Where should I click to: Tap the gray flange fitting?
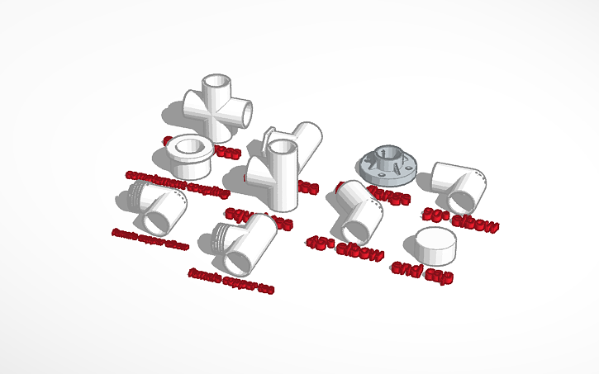pos(386,164)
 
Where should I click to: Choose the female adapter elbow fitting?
pos(157,206)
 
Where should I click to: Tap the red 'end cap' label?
pos(422,272)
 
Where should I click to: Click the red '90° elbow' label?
pos(460,219)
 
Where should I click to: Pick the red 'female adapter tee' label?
pos(231,280)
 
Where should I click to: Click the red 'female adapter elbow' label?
pos(150,239)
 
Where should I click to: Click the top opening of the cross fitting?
pos(218,83)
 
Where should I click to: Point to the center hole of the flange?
pos(387,153)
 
